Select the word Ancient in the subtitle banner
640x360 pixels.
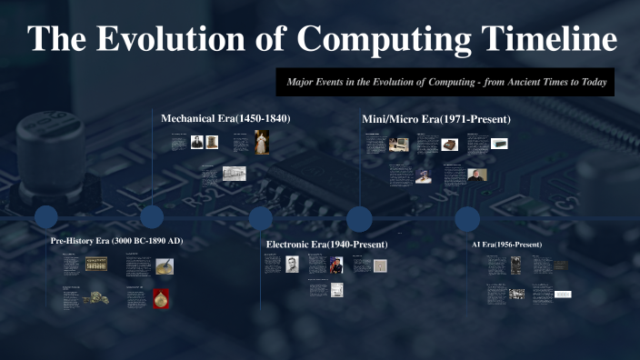coord(505,81)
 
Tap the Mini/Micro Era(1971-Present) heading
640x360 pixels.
coord(436,119)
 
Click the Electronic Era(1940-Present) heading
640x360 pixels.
coord(327,245)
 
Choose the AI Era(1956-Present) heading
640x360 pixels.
coord(506,245)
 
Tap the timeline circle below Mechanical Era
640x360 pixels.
coord(152,217)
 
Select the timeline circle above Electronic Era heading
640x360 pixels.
coord(261,218)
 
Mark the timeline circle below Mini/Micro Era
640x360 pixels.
coord(359,219)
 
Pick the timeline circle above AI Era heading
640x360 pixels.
coord(467,218)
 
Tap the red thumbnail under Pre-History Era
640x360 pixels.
coord(161,298)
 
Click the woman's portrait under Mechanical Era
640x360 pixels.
coord(262,142)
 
